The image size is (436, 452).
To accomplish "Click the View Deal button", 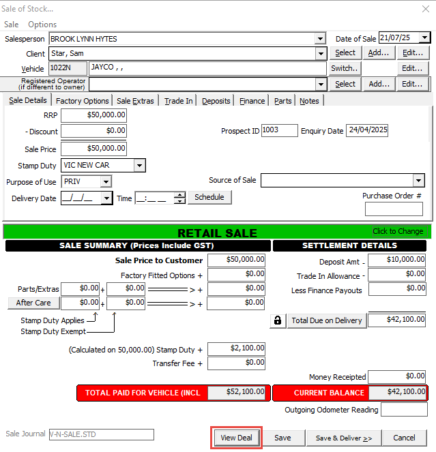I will click(237, 438).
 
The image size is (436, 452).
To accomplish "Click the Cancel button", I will click(404, 438).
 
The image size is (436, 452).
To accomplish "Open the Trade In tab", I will click(179, 101).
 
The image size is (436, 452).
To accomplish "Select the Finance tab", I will click(252, 101).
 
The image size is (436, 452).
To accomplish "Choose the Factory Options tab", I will click(83, 101).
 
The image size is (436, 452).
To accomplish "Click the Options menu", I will click(42, 25).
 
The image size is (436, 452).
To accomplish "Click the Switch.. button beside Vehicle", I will click(345, 68).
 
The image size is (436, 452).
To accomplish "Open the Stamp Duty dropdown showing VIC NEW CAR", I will click(139, 166).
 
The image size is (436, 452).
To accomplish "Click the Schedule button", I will click(209, 197).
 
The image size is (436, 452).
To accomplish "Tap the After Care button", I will click(33, 302).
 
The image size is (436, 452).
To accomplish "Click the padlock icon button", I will click(278, 320).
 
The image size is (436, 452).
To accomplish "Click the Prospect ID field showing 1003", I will click(279, 130).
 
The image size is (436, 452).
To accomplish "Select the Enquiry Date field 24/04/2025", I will click(366, 130).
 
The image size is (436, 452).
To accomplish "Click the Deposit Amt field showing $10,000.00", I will click(396, 260).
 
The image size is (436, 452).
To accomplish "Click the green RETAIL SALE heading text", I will click(217, 232).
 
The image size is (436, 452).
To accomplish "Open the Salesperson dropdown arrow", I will click(320, 39).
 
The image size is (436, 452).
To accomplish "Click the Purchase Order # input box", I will click(394, 209).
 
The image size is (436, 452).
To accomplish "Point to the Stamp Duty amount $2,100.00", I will click(236, 349).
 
